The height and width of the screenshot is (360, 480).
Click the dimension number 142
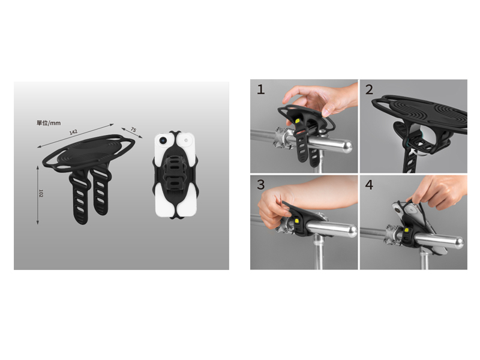(x=73, y=132)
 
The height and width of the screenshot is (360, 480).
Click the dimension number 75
(x=133, y=130)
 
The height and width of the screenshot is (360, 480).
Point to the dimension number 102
(x=41, y=193)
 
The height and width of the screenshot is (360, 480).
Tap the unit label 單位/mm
(x=49, y=123)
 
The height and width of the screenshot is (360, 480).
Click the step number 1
(x=260, y=89)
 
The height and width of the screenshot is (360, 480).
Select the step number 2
(x=369, y=89)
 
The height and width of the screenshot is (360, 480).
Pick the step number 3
(x=260, y=185)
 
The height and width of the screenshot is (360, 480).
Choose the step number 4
(x=369, y=185)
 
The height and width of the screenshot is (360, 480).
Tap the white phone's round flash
(x=186, y=140)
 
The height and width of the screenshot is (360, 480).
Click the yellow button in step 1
(x=297, y=121)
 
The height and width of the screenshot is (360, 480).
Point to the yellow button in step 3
(x=296, y=221)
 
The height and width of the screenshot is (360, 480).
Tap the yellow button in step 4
(x=406, y=230)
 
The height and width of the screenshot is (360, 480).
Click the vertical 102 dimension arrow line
(x=38, y=195)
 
